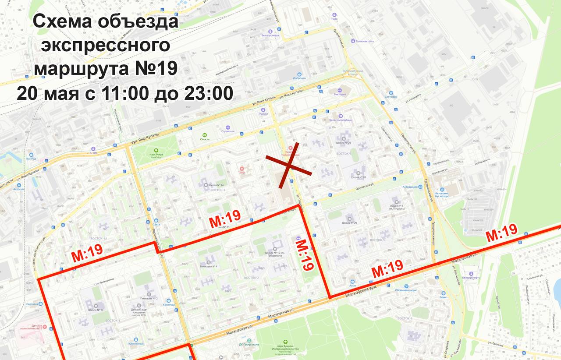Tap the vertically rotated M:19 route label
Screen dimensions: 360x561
coord(305,255)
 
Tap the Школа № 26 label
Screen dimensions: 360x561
coord(344,143)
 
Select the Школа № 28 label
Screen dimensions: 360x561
coord(358,177)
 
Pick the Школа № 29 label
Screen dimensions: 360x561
coord(350,223)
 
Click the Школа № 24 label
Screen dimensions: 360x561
coord(217,185)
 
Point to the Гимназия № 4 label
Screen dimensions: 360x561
coord(209,266)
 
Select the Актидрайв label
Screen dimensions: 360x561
coord(411,187)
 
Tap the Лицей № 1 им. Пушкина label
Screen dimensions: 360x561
coord(397,207)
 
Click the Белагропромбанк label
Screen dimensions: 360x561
coord(341,120)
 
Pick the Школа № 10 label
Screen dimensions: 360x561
coord(96,310)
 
